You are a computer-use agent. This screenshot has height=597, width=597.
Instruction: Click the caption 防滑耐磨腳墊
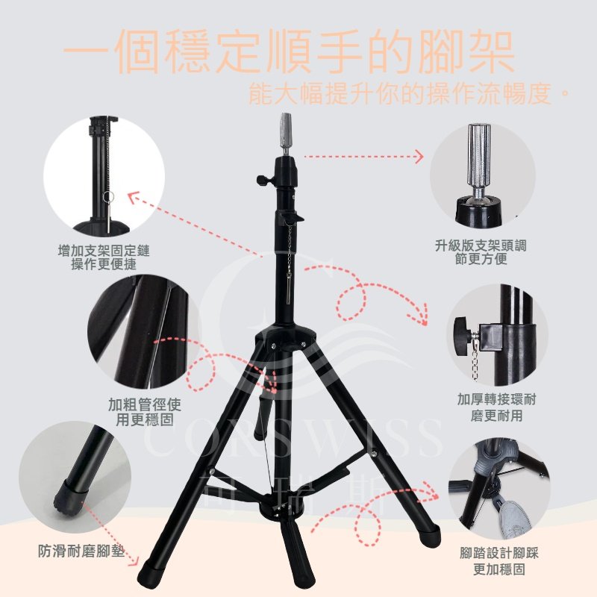click(x=81, y=551)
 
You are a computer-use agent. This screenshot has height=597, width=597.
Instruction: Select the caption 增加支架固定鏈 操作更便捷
click(x=104, y=257)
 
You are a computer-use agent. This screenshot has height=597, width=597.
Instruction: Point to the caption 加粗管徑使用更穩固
click(x=144, y=412)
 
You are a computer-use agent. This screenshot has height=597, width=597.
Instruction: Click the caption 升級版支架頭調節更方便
click(x=481, y=252)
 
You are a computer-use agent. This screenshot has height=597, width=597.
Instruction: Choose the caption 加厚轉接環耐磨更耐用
click(x=496, y=407)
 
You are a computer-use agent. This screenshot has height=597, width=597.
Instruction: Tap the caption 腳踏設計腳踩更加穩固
click(x=498, y=561)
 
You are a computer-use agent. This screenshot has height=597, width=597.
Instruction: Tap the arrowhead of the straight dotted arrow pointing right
click(x=419, y=156)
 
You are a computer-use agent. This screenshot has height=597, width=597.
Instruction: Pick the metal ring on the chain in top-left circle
click(x=108, y=197)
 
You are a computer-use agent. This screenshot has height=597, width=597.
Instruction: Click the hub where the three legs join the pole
click(x=286, y=337)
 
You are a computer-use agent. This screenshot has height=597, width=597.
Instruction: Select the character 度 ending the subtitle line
click(x=538, y=94)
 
